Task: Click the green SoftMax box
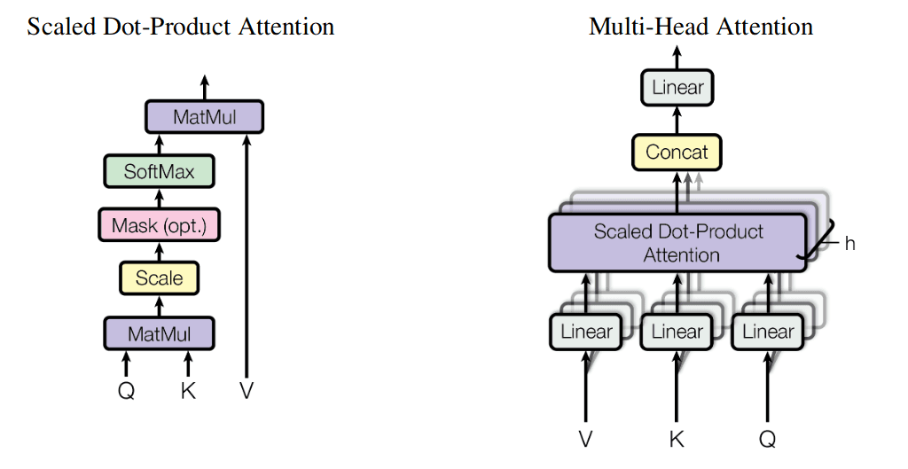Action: [159, 171]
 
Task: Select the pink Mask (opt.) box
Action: [159, 225]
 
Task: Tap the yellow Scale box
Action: [159, 278]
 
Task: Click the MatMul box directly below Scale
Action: [159, 333]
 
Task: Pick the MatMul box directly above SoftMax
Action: [205, 117]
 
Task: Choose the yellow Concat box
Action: [677, 152]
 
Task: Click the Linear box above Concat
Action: [677, 88]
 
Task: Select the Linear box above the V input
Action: [586, 332]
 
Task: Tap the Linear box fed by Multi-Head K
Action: [677, 332]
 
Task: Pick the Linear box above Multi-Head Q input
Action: [767, 332]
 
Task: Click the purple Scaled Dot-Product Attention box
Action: [678, 243]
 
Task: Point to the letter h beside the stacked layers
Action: [849, 243]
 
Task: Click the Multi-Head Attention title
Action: [701, 27]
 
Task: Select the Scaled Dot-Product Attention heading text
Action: [181, 27]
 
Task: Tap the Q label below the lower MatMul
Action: [126, 390]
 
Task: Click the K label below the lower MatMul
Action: [188, 390]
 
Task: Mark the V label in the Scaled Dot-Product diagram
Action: [247, 390]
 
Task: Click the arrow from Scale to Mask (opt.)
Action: [159, 252]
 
